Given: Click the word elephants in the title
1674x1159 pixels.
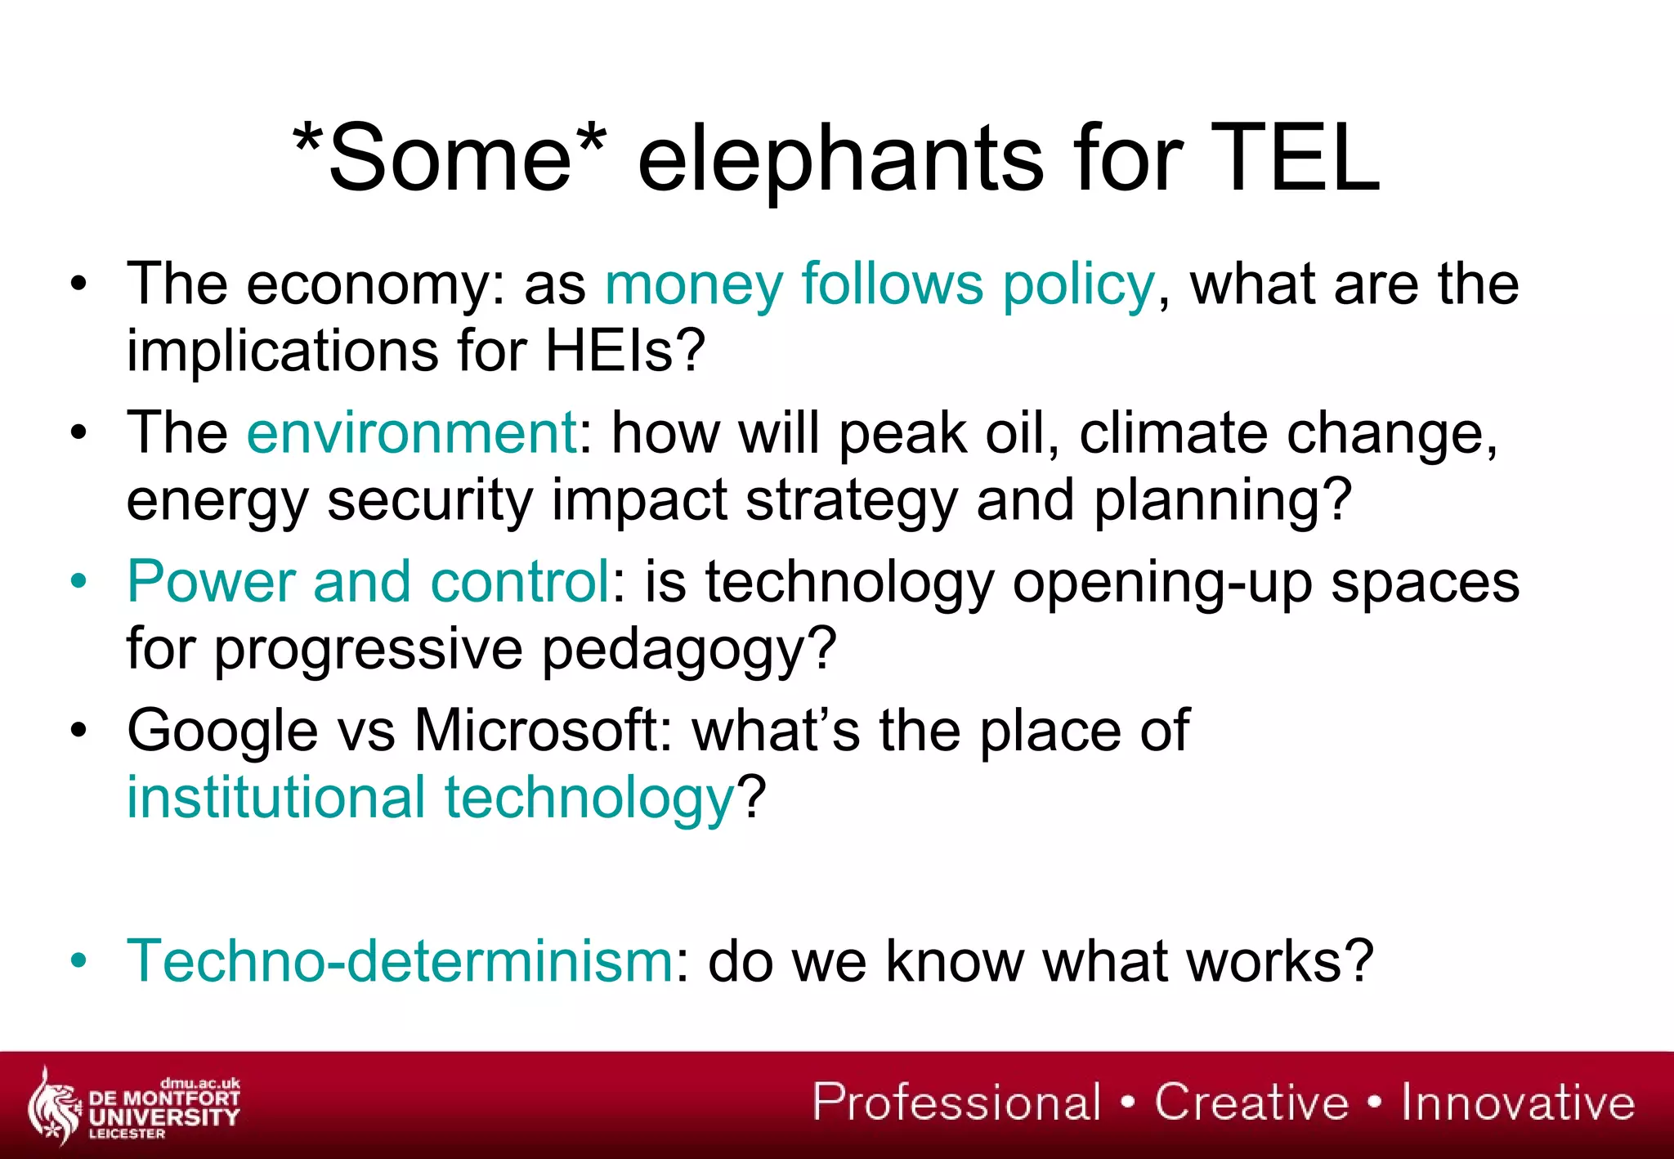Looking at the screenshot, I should pyautogui.click(x=839, y=159).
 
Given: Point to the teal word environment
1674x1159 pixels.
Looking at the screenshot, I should pyautogui.click(x=412, y=433).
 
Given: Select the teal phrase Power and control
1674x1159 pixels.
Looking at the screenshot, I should pyautogui.click(x=368, y=582).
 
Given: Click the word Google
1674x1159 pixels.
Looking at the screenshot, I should pyautogui.click(x=222, y=731).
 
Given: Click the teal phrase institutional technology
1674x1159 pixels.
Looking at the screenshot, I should pyautogui.click(x=431, y=798).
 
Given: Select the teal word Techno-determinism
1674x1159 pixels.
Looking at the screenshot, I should pyautogui.click(x=400, y=961).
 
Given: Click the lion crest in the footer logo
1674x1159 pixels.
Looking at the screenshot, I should pyautogui.click(x=54, y=1107).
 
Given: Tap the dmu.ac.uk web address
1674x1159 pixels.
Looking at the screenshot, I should pyautogui.click(x=200, y=1083).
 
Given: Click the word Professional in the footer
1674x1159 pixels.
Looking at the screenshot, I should pyautogui.click(x=957, y=1103).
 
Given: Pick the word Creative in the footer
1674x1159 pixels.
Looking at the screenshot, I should pyautogui.click(x=1251, y=1103).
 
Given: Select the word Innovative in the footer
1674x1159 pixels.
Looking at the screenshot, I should pyautogui.click(x=1518, y=1103).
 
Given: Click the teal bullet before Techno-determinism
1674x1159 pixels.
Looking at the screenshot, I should pyautogui.click(x=78, y=961).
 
